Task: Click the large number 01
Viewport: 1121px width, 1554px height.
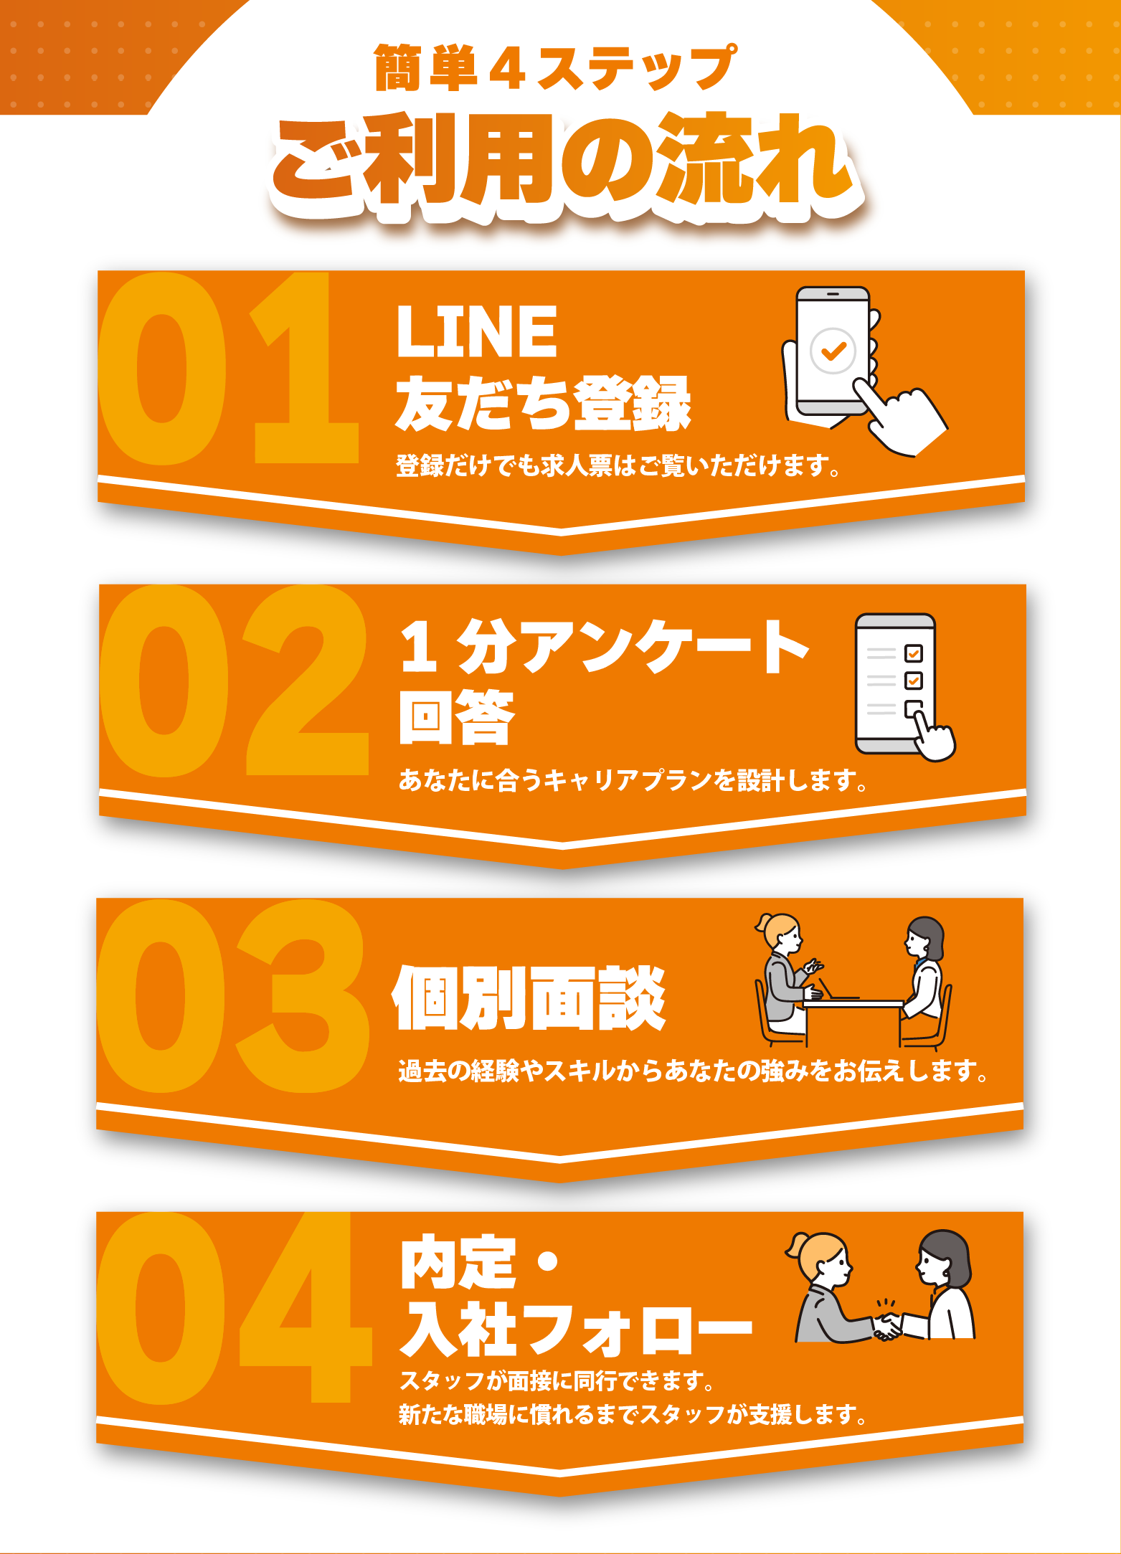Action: [x=228, y=369]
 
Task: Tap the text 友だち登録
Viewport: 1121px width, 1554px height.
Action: [x=544, y=403]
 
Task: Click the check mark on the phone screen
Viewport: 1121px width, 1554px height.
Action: [x=833, y=351]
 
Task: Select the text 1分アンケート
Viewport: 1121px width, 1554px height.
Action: [x=605, y=647]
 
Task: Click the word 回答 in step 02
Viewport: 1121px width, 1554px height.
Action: [x=457, y=716]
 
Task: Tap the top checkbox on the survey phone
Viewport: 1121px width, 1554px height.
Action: [x=914, y=653]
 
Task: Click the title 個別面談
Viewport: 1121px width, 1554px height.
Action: [x=529, y=998]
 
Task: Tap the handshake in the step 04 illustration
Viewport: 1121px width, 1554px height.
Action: [x=887, y=1326]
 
